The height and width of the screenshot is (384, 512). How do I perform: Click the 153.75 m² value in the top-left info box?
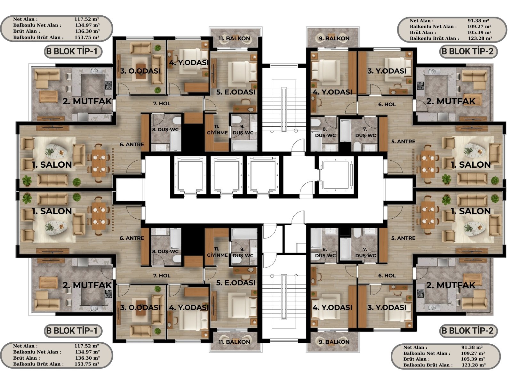tap(87, 37)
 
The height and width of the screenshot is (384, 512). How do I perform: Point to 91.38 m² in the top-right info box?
tap(478, 21)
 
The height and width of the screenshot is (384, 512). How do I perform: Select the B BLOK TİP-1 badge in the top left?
tap(73, 52)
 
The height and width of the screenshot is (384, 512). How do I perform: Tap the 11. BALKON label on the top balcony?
tap(234, 39)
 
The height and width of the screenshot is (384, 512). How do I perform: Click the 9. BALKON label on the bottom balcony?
tap(334, 342)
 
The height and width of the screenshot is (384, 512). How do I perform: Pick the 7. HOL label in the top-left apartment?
tap(162, 103)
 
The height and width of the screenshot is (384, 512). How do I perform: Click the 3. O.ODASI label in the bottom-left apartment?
tap(140, 308)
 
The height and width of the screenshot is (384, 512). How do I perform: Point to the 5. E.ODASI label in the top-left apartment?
tap(236, 92)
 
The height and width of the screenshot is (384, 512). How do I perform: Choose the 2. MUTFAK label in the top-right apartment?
tap(451, 101)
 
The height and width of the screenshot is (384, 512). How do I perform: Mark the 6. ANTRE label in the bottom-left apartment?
tap(132, 238)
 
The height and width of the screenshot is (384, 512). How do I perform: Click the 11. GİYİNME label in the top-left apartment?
tap(217, 130)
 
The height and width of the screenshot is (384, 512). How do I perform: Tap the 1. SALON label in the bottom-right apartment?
tap(471, 211)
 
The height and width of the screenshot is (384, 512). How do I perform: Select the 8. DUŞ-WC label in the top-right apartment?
tap(325, 132)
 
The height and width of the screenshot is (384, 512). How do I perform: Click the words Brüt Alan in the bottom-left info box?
tap(26, 358)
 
